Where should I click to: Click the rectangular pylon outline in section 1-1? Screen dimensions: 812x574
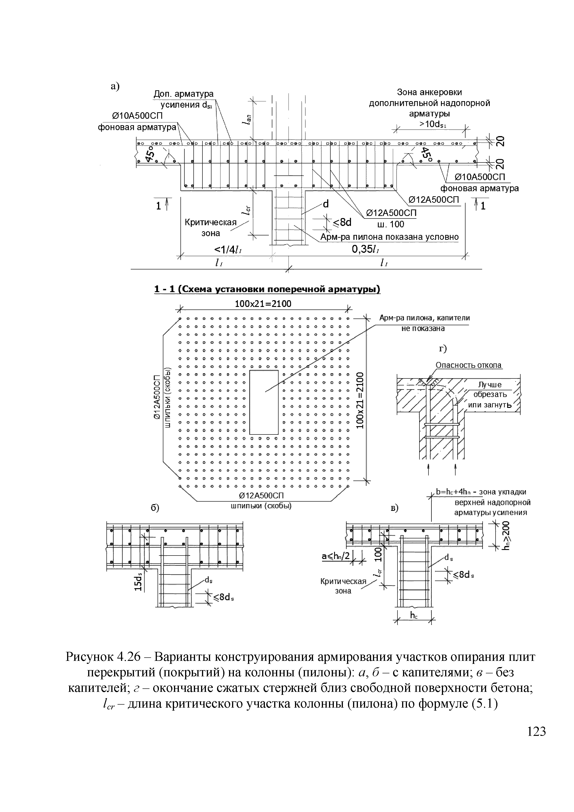pyautogui.click(x=264, y=402)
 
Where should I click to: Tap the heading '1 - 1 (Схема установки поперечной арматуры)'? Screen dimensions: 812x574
pyautogui.click(x=267, y=289)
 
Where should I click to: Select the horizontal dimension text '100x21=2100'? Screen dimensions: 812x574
pyautogui.click(x=263, y=303)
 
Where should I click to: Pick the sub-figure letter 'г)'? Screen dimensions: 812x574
pyautogui.click(x=443, y=349)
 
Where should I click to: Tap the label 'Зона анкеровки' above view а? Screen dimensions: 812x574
pyautogui.click(x=429, y=92)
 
